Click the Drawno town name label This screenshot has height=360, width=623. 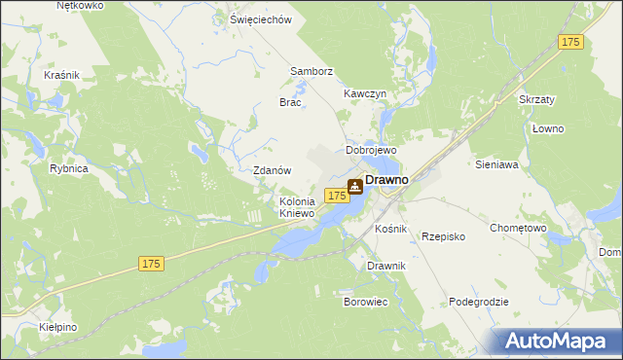coord(386,181)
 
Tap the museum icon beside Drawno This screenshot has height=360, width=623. coord(355,185)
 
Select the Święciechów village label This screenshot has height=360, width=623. coord(260,19)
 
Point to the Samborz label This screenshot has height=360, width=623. coord(311,72)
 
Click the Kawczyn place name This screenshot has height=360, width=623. coord(366,93)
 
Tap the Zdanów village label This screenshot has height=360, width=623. coord(273,170)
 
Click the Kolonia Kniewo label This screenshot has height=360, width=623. coord(297,207)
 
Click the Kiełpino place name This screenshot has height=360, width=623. coord(58,327)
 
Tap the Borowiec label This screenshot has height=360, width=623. coord(366,303)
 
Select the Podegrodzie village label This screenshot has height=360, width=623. coord(479,302)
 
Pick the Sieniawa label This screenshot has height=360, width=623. coord(495,165)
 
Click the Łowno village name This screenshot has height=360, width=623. coord(548,128)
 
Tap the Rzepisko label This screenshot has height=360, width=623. coord(444,236)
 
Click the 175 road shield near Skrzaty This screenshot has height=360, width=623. coord(570,42)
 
